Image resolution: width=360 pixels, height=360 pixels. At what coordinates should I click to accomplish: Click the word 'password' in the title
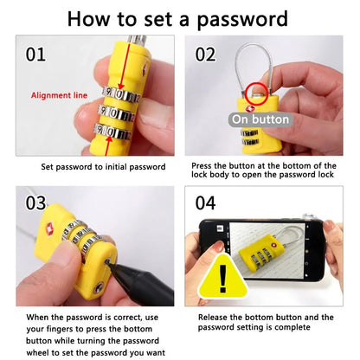233,18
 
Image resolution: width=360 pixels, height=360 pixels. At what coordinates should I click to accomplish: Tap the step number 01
35,55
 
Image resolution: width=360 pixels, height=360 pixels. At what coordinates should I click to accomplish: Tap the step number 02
205,55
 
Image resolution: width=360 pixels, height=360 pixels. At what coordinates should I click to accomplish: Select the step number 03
35,204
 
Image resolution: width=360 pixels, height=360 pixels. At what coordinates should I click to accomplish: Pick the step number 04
205,204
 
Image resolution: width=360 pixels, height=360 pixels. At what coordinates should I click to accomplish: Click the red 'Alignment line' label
57,95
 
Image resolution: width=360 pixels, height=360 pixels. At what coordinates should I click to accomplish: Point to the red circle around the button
257,91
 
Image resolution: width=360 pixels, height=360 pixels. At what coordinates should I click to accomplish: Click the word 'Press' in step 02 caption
206,165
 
